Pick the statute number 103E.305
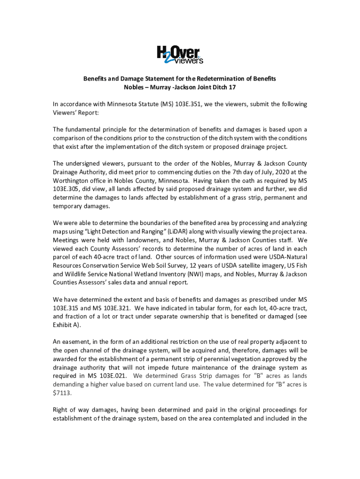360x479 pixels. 67,189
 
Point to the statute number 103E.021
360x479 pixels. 110,376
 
